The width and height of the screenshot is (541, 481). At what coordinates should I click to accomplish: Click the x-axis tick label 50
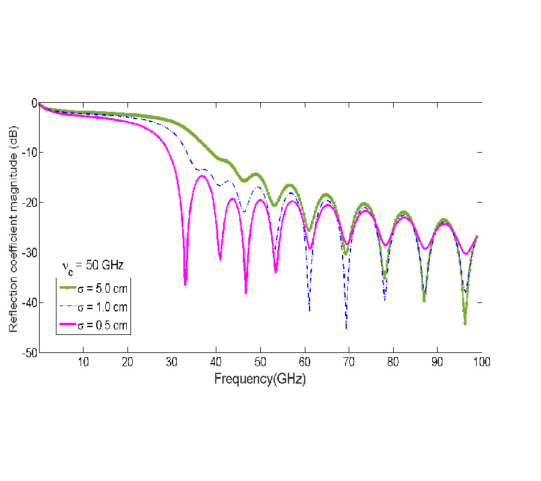point(260,362)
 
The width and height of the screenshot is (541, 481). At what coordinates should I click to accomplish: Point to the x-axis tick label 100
point(481,362)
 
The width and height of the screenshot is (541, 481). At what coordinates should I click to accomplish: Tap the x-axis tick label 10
point(83,362)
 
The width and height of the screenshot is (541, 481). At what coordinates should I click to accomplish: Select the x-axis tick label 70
point(349,362)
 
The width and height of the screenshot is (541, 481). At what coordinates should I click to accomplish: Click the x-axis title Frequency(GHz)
point(260,379)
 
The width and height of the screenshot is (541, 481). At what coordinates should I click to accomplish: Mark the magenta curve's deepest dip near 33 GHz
point(185,284)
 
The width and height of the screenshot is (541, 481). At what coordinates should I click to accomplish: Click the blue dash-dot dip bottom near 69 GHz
point(346,328)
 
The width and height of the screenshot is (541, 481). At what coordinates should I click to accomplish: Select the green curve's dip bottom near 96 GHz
point(465,324)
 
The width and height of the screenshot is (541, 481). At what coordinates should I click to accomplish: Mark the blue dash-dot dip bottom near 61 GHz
point(310,310)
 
